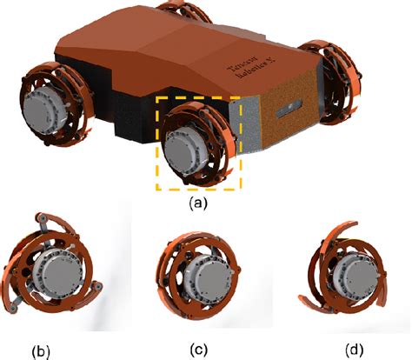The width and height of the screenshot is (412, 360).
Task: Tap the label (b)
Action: (x=42, y=351)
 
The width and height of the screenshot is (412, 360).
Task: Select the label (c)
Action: (x=202, y=350)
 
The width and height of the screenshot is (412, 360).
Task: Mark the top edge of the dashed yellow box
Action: (x=200, y=97)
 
